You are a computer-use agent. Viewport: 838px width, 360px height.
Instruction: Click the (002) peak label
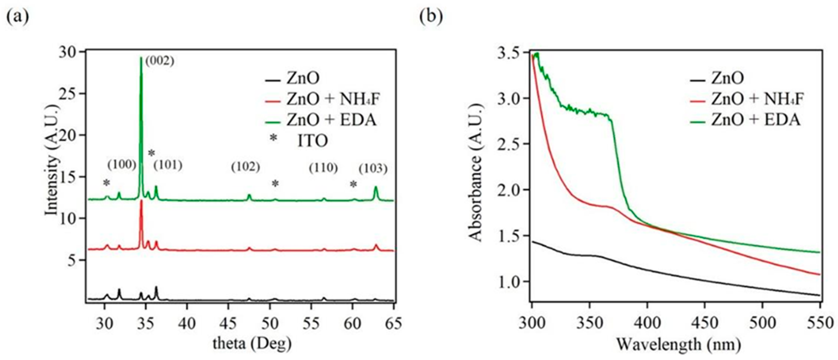(160, 61)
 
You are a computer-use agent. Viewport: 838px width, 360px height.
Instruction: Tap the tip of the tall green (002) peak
(141, 58)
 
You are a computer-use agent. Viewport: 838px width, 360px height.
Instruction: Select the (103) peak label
(373, 169)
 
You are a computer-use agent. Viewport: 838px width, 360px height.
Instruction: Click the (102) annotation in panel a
(245, 167)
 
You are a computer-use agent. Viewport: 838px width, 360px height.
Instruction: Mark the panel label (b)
(431, 17)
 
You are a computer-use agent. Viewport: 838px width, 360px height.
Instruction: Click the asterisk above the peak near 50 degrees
(275, 184)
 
